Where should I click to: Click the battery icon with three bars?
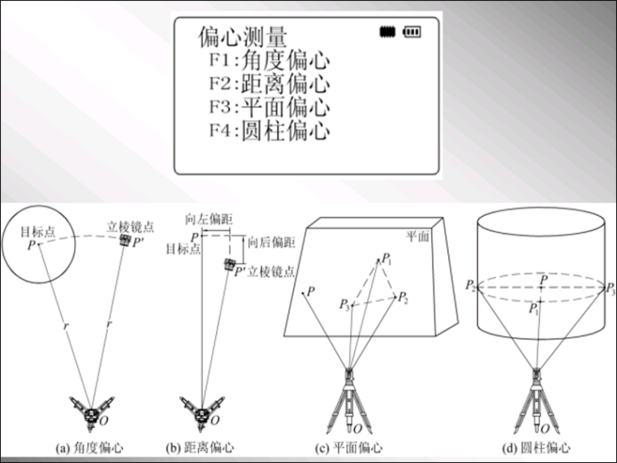point(413,32)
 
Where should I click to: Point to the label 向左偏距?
point(202,219)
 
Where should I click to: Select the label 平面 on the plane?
point(418,235)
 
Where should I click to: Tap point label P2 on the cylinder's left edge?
point(470,286)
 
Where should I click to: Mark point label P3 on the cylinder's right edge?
point(611,287)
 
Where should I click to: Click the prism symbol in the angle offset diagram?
point(124,241)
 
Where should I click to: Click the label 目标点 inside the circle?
point(37,231)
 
